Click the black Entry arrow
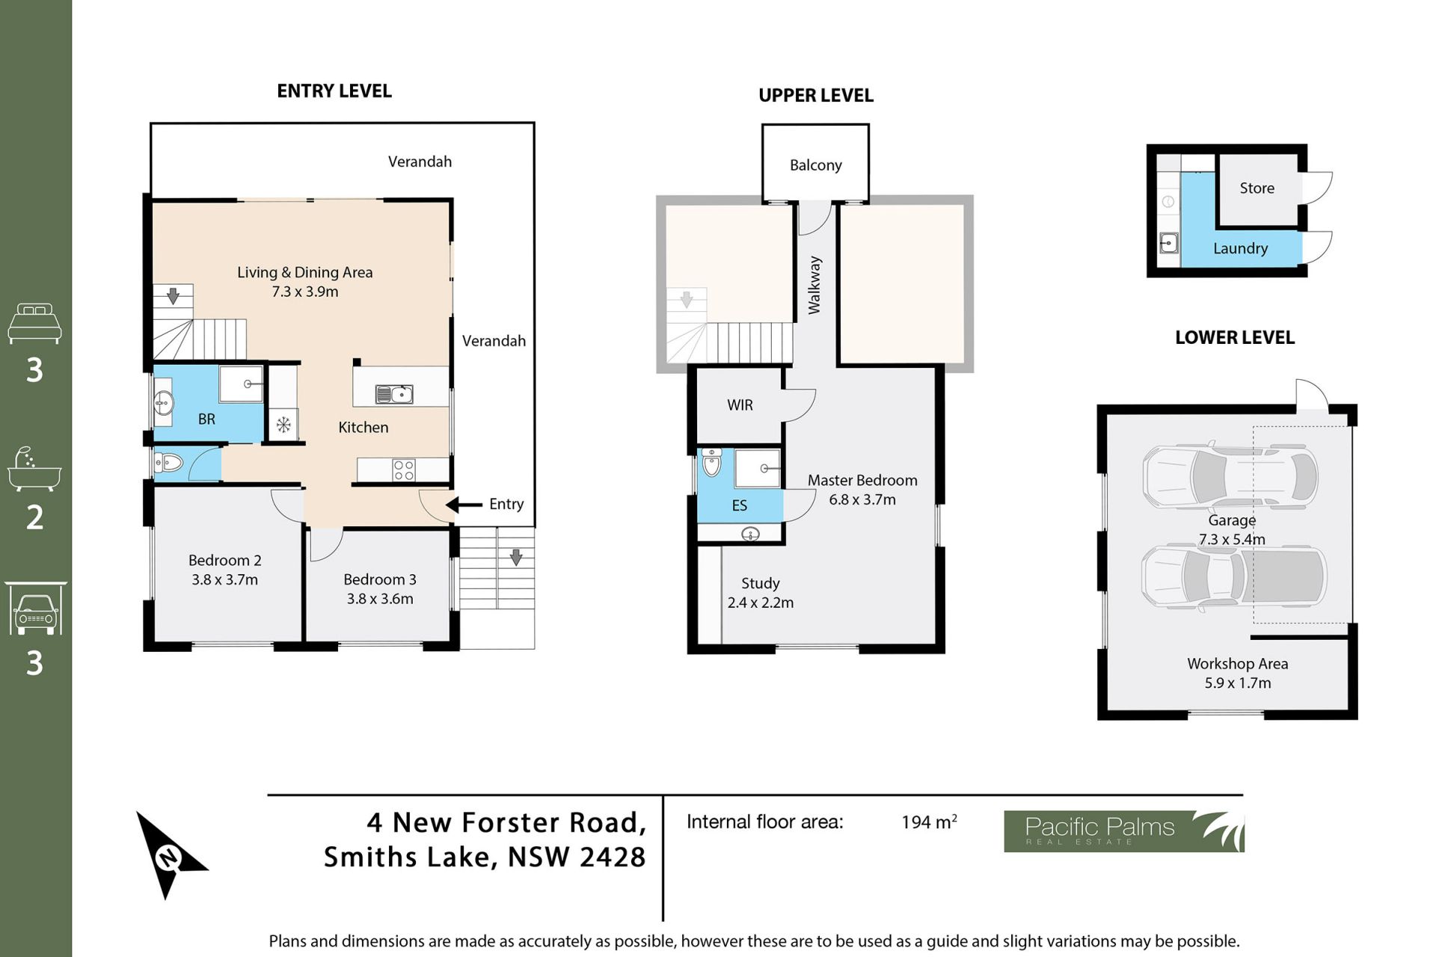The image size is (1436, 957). click(464, 505)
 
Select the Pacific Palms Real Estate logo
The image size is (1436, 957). click(1123, 831)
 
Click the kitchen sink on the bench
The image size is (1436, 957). click(394, 394)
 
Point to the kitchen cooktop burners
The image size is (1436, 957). click(404, 470)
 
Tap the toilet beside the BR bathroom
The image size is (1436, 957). click(168, 464)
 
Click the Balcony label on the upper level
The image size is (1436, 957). click(816, 165)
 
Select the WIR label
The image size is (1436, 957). click(740, 405)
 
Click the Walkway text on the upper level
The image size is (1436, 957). click(814, 285)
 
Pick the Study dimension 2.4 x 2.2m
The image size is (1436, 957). click(761, 603)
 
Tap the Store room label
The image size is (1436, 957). click(1256, 188)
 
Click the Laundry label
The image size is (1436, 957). click(1240, 249)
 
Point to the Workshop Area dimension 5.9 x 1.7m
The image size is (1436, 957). click(1238, 683)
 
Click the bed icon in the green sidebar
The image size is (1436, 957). click(34, 323)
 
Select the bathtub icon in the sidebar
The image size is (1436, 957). click(34, 469)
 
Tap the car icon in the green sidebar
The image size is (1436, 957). click(35, 609)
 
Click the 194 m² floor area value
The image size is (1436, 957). click(929, 822)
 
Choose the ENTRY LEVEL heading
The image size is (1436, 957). click(334, 91)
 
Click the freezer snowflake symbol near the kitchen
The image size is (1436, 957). click(283, 425)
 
